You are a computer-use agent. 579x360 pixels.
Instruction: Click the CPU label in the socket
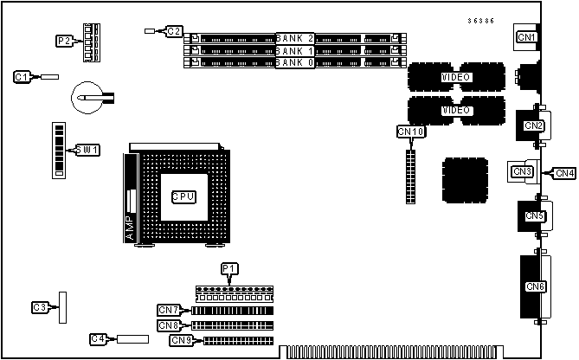point(183,196)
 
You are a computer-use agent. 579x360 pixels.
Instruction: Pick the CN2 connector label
point(533,125)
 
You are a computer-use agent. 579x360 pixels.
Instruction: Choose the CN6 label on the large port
point(535,286)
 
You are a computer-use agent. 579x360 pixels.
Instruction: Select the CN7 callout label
point(169,310)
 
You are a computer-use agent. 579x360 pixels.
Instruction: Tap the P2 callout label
point(63,41)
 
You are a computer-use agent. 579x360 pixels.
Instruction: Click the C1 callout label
point(23,77)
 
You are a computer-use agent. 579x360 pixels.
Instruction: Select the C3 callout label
point(39,307)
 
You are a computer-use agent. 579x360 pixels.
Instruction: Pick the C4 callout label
point(98,338)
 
